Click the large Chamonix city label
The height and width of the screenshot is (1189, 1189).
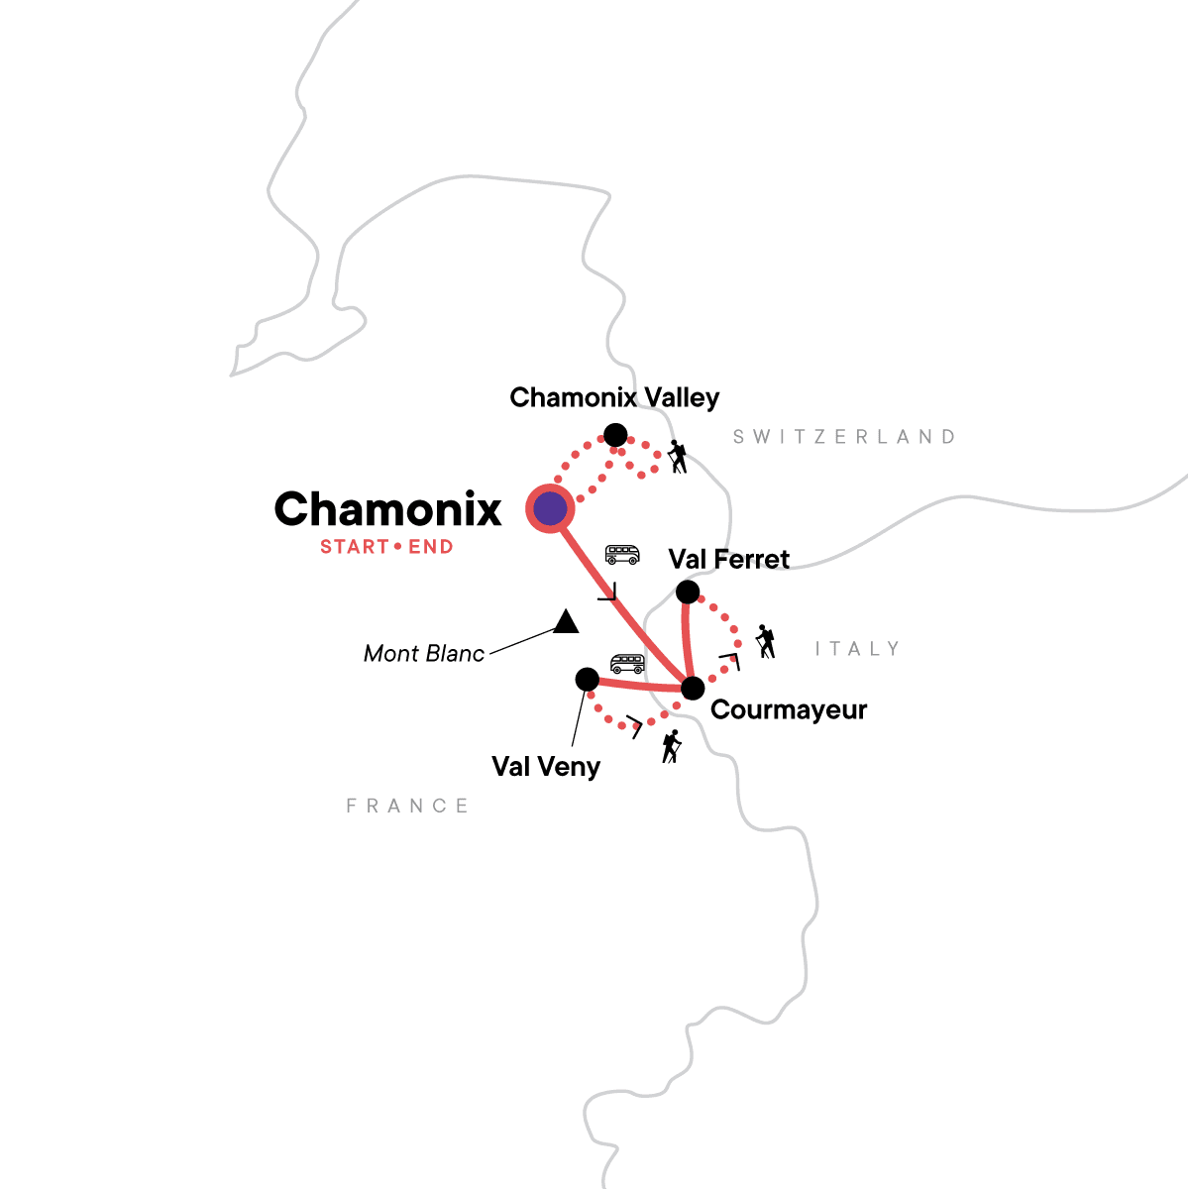(x=387, y=509)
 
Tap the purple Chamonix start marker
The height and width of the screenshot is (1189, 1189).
(x=550, y=509)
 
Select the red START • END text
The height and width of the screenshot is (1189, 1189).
(x=386, y=547)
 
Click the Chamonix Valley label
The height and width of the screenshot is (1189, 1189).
(x=614, y=397)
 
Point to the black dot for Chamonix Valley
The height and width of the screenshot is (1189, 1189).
(x=615, y=435)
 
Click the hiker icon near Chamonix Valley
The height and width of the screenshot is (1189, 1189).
(x=678, y=457)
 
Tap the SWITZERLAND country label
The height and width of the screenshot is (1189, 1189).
(x=844, y=437)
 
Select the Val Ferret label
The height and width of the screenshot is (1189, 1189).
(x=729, y=559)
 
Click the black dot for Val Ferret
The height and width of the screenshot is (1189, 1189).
(x=687, y=593)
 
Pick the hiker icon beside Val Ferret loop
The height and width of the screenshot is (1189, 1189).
(x=765, y=641)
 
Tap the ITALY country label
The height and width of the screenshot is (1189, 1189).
(x=857, y=649)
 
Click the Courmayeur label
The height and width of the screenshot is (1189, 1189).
(x=789, y=709)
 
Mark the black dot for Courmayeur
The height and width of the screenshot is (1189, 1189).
(x=693, y=688)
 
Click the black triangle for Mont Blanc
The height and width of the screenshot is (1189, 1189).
(x=566, y=622)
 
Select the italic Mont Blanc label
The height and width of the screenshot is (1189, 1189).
(x=424, y=653)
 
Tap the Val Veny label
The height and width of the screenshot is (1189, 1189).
(x=546, y=766)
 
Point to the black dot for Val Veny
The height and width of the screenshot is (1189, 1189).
(x=587, y=679)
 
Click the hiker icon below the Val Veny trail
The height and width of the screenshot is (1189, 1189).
(x=672, y=746)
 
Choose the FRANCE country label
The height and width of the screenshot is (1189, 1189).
(x=407, y=807)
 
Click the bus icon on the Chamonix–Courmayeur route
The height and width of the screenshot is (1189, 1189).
(x=622, y=554)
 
